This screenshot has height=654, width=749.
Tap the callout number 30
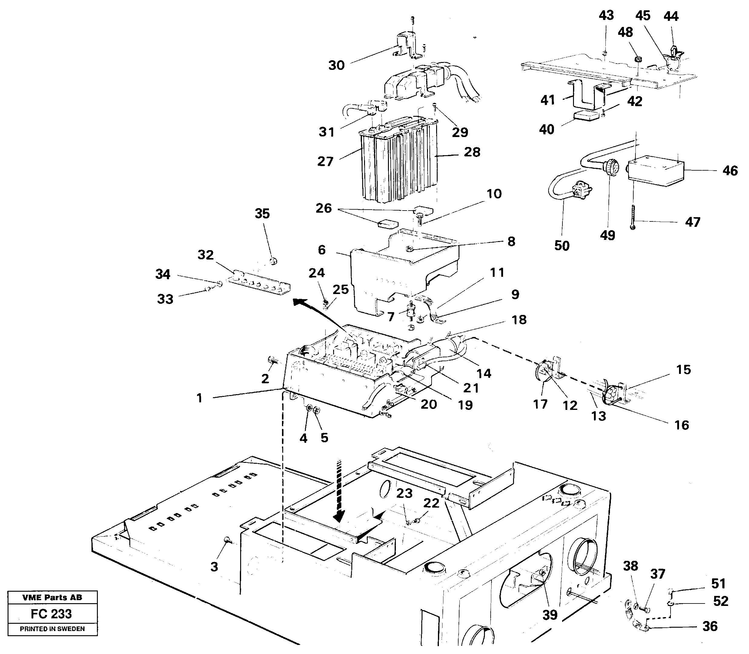pos(336,66)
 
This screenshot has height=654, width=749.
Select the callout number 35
pos(262,214)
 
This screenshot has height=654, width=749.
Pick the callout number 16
pos(681,425)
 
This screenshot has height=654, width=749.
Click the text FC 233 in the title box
pos(51,614)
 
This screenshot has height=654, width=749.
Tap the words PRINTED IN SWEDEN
pos(52,629)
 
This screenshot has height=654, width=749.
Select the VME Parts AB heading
pos(52,597)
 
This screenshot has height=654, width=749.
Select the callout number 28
pos(472,152)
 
